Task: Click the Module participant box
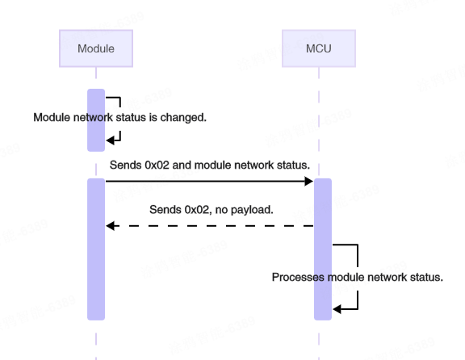click(x=95, y=48)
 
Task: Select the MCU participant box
click(x=318, y=48)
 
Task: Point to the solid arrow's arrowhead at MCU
click(x=309, y=182)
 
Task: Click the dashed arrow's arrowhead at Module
click(x=111, y=226)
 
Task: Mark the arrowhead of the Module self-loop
click(x=111, y=140)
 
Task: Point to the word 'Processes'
click(x=296, y=277)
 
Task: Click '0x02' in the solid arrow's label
click(x=158, y=165)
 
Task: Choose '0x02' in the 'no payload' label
click(x=198, y=209)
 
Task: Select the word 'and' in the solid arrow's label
click(x=182, y=165)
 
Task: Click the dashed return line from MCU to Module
click(x=210, y=226)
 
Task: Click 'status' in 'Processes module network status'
click(x=424, y=277)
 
